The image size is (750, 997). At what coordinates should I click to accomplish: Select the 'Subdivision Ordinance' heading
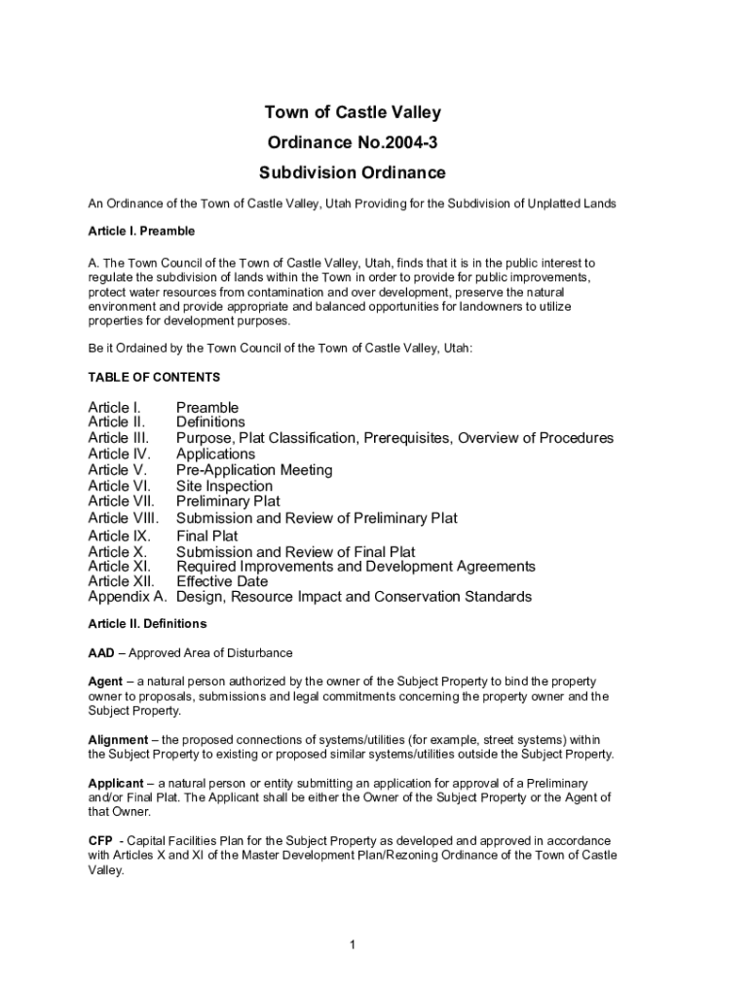352,173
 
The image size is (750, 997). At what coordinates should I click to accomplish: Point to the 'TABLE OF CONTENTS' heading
154,377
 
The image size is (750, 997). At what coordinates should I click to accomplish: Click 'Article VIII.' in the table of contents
124,518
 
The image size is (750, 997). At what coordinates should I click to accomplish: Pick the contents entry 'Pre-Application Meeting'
254,470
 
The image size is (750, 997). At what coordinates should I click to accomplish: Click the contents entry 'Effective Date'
221,581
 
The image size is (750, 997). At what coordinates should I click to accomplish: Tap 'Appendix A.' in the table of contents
128,597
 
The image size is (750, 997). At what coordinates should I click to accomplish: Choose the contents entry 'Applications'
215,454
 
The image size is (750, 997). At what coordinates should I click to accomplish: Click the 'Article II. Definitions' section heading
147,623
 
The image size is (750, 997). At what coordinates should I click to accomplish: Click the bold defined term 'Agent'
105,682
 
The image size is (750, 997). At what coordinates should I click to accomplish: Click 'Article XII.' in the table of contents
122,581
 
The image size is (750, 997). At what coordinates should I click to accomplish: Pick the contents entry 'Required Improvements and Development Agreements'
356,566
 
